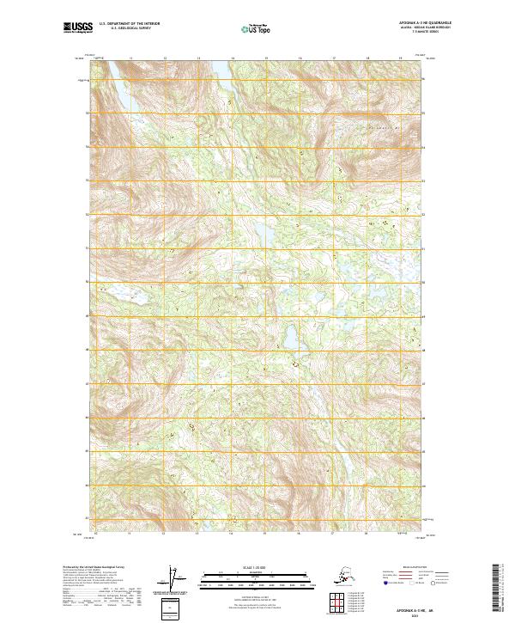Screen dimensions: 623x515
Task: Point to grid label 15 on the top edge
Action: tap(266, 59)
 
